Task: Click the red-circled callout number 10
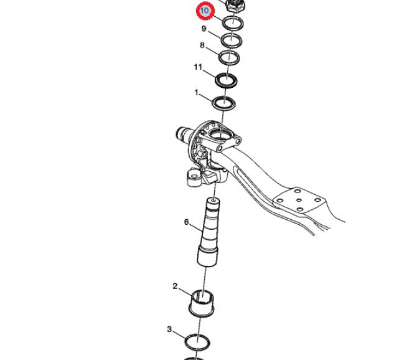tap(205, 11)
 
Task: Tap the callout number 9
tap(204, 29)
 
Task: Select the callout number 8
tap(202, 45)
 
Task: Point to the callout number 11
tap(198, 67)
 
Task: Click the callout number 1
tap(196, 93)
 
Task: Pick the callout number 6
tap(187, 222)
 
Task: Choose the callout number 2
tap(175, 287)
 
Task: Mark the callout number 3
tap(169, 329)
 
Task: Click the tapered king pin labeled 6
tap(210, 232)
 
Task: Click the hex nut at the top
tap(235, 6)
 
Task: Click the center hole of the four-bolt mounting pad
tap(299, 201)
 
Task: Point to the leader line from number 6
tap(195, 227)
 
